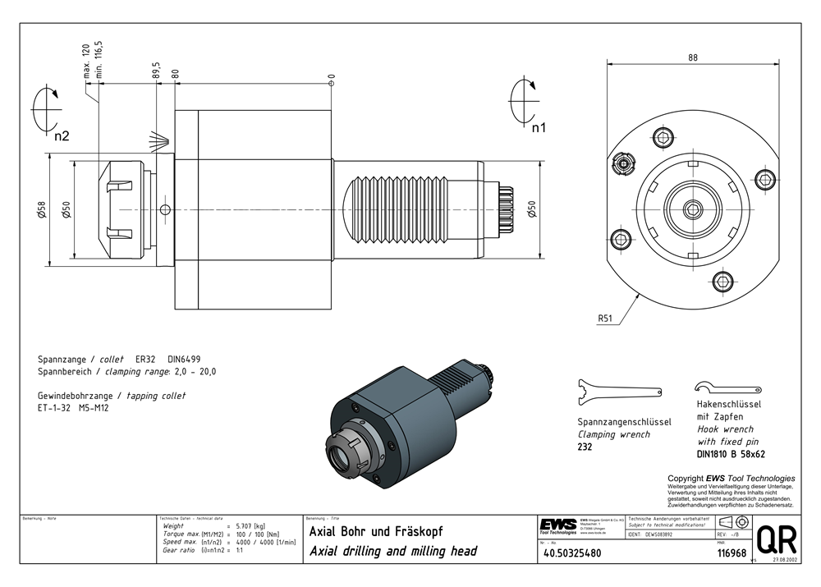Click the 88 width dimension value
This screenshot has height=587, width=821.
click(x=693, y=57)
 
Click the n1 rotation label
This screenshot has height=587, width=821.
click(x=539, y=128)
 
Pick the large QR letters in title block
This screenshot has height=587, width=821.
click(x=776, y=539)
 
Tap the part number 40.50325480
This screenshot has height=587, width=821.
click(x=572, y=553)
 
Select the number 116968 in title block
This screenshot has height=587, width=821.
click(x=732, y=553)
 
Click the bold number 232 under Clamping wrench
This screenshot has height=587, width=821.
click(x=585, y=447)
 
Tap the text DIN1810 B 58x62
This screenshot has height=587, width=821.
click(x=731, y=453)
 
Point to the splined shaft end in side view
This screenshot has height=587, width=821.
click(x=506, y=209)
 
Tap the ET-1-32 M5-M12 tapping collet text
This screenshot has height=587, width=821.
click(x=73, y=407)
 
